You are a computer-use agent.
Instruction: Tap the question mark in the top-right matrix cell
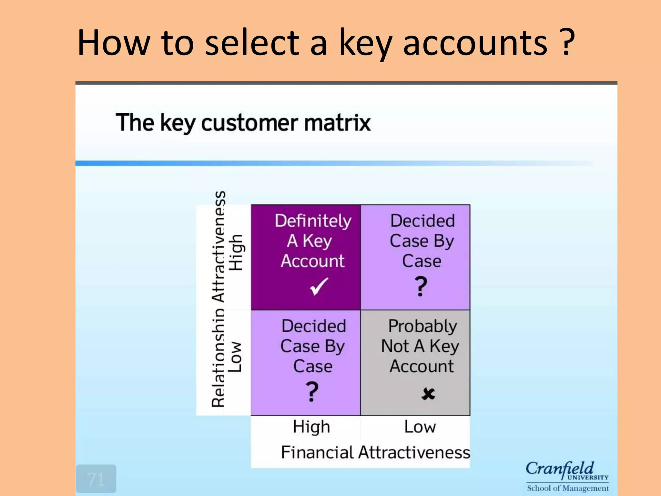421,286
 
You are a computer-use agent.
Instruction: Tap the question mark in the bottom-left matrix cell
312,391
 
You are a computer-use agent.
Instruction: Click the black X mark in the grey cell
428,394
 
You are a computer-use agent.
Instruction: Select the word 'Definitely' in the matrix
313,221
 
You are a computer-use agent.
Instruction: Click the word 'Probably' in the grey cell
422,326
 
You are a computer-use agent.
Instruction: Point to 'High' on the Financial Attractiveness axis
311,427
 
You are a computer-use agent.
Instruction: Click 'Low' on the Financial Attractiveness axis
420,427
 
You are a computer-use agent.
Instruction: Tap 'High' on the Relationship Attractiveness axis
236,253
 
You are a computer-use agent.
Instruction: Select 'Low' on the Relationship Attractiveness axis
235,357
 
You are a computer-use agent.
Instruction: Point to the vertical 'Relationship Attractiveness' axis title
219,299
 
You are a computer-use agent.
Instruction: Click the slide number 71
96,479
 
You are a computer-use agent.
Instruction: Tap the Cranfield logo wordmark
560,469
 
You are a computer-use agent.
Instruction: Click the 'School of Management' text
568,488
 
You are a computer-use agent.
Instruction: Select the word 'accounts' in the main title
475,43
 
